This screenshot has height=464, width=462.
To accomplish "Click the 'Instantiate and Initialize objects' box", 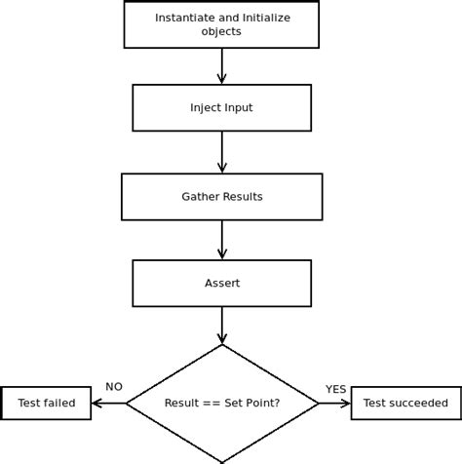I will [221, 24].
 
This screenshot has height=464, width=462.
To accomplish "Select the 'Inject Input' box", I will [221, 107].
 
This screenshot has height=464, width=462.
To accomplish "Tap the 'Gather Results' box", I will [221, 196].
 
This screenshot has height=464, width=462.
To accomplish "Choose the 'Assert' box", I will [221, 283].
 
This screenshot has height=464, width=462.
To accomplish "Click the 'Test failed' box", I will [46, 403].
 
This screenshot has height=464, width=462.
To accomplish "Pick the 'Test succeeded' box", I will [405, 403].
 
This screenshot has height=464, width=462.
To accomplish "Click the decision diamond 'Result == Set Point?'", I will [221, 403].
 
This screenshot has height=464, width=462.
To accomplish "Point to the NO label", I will [114, 387].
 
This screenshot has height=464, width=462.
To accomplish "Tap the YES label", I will [335, 388].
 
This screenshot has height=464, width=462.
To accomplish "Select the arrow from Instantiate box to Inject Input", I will [221, 65].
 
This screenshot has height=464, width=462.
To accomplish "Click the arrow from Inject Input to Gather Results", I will [221, 152].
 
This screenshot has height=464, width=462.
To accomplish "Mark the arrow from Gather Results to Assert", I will [221, 240].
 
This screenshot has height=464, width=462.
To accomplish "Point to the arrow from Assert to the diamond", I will [221, 326].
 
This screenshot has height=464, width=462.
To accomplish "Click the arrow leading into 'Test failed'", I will [108, 403].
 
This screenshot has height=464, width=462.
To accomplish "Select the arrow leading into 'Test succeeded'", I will [334, 403].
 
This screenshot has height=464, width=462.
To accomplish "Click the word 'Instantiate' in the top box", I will [183, 18].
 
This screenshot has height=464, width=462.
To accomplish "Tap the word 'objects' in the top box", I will [221, 31].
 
